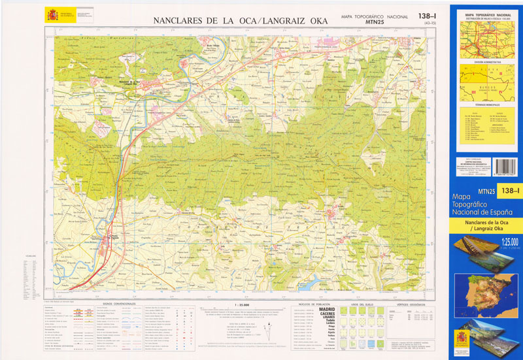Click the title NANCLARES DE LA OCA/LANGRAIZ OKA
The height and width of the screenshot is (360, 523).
[x=240, y=21]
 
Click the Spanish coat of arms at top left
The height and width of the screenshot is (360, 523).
[x=50, y=13]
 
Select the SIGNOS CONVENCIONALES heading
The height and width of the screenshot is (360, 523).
[x=117, y=304]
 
